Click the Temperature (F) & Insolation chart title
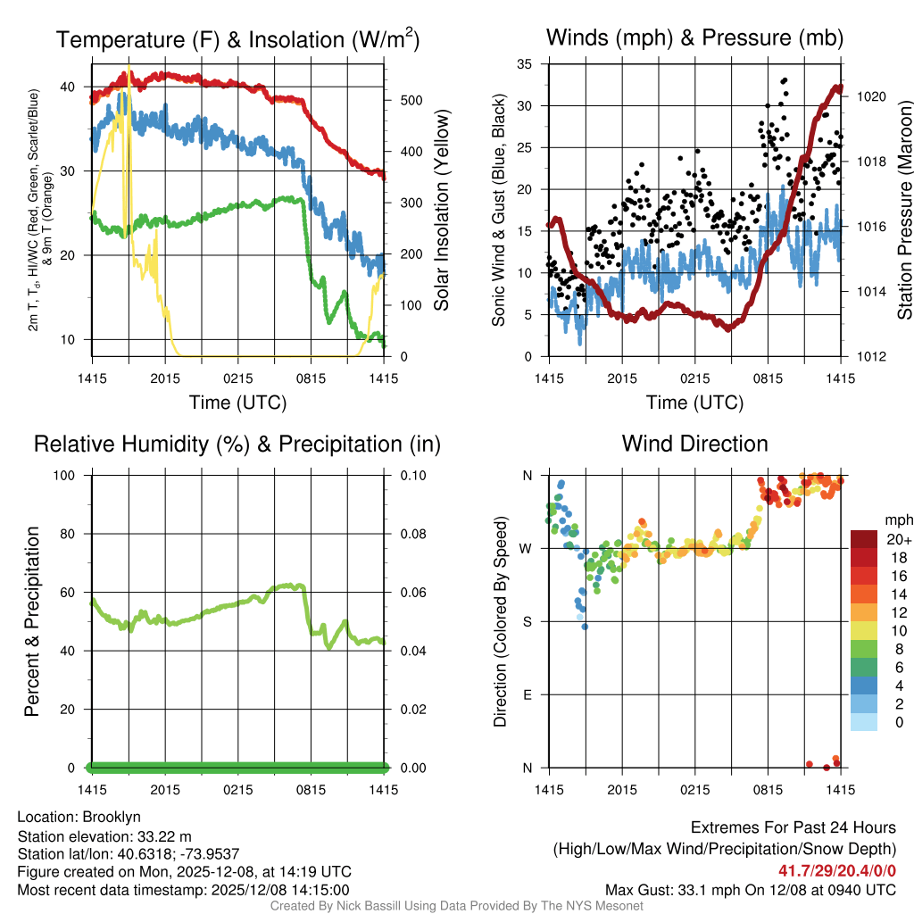pos(237,39)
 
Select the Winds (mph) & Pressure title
pos(694,37)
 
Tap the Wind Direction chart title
pos(694,444)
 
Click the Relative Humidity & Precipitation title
pos(237,444)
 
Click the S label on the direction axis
pos(527,621)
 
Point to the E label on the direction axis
pos(527,694)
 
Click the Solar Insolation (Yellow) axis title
pos(441,211)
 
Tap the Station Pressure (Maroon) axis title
pos(903,211)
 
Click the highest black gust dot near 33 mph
pos(785,80)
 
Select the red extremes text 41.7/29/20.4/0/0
pos(837,870)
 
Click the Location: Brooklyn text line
pos(79,817)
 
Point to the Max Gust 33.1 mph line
pos(750,889)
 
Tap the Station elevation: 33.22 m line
pos(104,835)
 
